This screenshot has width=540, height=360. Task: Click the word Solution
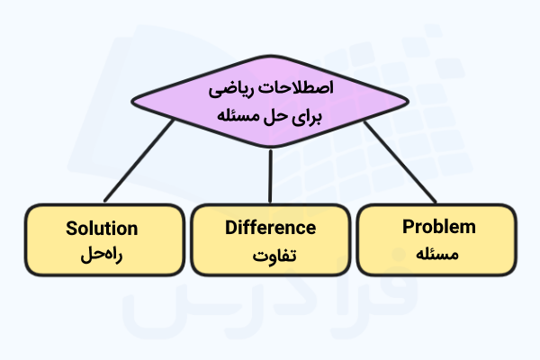(x=102, y=229)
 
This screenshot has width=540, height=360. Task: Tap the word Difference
(x=270, y=228)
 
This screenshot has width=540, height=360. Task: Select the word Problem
(x=439, y=227)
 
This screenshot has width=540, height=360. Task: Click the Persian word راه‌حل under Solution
(x=102, y=256)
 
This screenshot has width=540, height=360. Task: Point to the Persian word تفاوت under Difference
(x=274, y=256)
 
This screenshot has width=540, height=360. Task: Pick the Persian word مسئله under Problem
(x=437, y=254)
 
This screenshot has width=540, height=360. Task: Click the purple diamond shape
(x=270, y=102)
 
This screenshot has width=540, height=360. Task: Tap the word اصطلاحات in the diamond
(x=296, y=87)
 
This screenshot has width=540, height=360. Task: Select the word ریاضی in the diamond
(x=231, y=89)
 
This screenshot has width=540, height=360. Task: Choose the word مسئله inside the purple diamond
(x=238, y=116)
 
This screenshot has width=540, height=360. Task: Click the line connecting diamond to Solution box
(x=139, y=160)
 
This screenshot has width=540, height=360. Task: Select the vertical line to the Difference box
(x=270, y=176)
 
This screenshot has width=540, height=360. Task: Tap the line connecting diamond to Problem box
(x=400, y=162)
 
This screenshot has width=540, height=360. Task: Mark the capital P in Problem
(x=408, y=226)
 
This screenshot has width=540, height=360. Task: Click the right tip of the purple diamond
(x=409, y=102)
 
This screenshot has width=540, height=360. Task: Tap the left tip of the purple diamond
(x=131, y=102)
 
